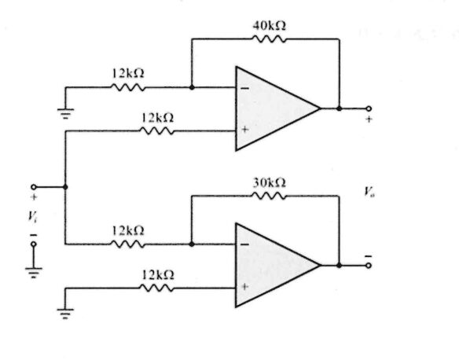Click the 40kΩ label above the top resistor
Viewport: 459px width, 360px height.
click(269, 25)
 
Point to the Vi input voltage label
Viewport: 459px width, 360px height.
click(34, 214)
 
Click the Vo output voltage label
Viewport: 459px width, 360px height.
click(369, 191)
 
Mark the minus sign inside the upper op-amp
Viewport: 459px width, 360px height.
click(244, 88)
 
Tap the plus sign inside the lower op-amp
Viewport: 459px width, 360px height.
click(244, 286)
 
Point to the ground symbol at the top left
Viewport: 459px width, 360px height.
click(66, 112)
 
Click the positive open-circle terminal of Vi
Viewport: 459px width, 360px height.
click(34, 187)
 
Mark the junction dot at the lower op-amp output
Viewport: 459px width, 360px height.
click(339, 266)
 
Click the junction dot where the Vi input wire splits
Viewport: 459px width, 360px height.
click(65, 187)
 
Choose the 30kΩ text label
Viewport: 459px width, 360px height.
click(269, 182)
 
